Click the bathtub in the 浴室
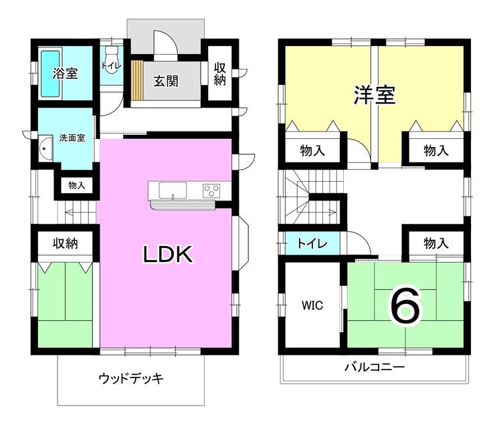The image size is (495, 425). (50, 74)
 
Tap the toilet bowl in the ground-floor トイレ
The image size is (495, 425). (111, 60)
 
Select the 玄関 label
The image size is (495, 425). (166, 81)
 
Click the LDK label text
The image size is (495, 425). (168, 254)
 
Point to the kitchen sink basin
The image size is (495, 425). (173, 190)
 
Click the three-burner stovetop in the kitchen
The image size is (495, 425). (211, 190)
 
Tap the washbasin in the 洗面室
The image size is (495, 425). (46, 148)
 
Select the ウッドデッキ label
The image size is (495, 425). (131, 378)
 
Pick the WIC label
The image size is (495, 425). (312, 305)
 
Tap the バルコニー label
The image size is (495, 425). (375, 367)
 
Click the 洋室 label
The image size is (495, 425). (374, 95)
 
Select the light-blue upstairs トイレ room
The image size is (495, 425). (312, 243)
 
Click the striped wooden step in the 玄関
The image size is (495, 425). (137, 80)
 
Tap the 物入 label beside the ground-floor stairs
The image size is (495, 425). (77, 185)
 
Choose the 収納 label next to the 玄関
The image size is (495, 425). (219, 74)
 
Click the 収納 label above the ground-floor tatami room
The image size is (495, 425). (66, 243)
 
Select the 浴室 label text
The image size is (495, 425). (65, 73)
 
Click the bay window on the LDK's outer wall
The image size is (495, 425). (242, 243)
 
